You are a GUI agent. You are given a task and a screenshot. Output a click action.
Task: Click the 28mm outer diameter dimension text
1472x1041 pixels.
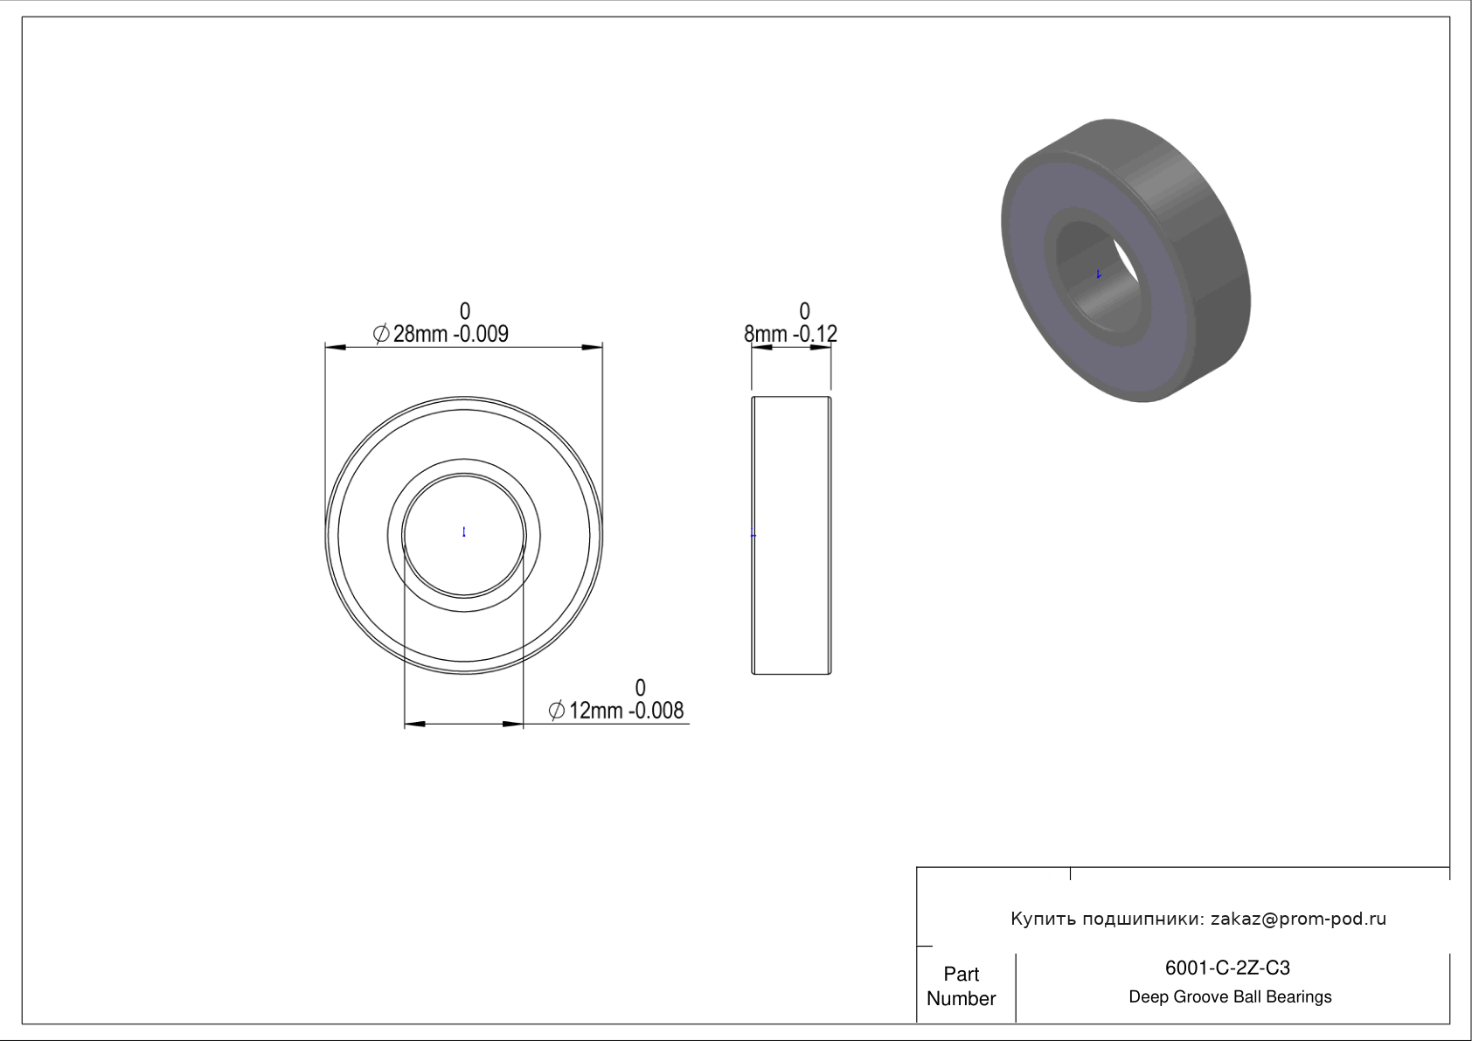[x=420, y=334]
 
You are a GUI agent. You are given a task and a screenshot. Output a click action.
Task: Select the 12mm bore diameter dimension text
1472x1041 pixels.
[x=596, y=711]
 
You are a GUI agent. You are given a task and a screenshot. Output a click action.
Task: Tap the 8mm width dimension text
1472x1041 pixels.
[x=766, y=334]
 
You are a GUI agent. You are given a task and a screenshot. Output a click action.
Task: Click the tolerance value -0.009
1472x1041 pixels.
[x=481, y=334]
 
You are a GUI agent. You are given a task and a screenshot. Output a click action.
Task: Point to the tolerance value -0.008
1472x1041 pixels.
[x=656, y=711]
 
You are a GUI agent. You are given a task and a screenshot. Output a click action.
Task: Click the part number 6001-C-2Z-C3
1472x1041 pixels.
[x=1227, y=968]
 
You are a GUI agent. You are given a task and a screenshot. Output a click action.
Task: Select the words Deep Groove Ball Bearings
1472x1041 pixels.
[x=1230, y=997]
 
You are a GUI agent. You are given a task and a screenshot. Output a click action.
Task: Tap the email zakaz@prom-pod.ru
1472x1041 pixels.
[x=1299, y=919]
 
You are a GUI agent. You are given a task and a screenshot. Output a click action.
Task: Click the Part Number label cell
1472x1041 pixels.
[x=962, y=986]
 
